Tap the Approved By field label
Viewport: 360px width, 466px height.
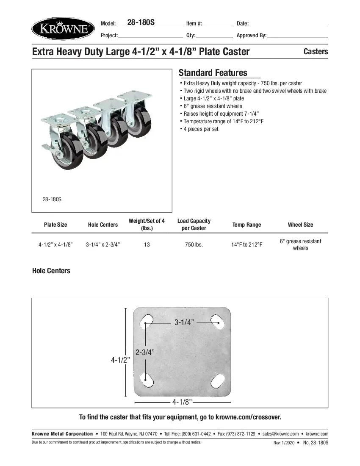tap(251, 36)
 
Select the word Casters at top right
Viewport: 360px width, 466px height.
tap(316, 52)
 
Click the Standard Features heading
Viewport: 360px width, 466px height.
tap(213, 73)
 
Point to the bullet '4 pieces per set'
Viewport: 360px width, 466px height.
tap(201, 129)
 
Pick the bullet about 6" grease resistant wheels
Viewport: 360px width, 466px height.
tap(213, 106)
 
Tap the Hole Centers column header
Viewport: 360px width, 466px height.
tap(103, 225)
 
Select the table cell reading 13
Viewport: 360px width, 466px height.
tap(147, 245)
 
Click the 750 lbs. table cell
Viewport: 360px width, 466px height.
tap(194, 245)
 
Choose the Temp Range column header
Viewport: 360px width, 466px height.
tap(247, 225)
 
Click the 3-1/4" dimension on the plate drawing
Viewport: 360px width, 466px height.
tap(184, 323)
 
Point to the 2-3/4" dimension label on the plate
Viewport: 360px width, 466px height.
tap(145, 352)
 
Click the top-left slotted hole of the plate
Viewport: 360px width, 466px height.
tap(147, 321)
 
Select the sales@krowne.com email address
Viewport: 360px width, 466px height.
tap(280, 434)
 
